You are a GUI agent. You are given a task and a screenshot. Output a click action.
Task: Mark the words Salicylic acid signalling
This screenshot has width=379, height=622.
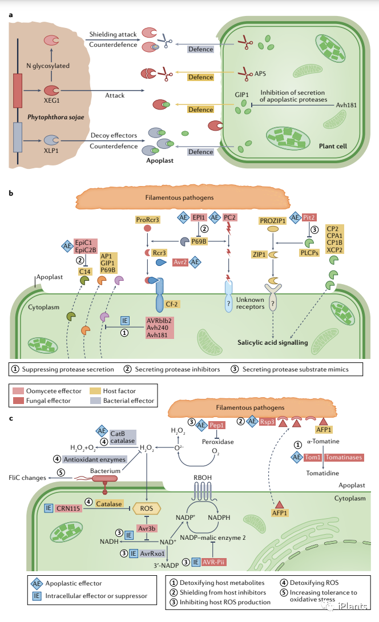[x=273, y=342]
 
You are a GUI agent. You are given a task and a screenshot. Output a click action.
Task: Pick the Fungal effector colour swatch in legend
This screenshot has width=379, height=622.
[x=18, y=401]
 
